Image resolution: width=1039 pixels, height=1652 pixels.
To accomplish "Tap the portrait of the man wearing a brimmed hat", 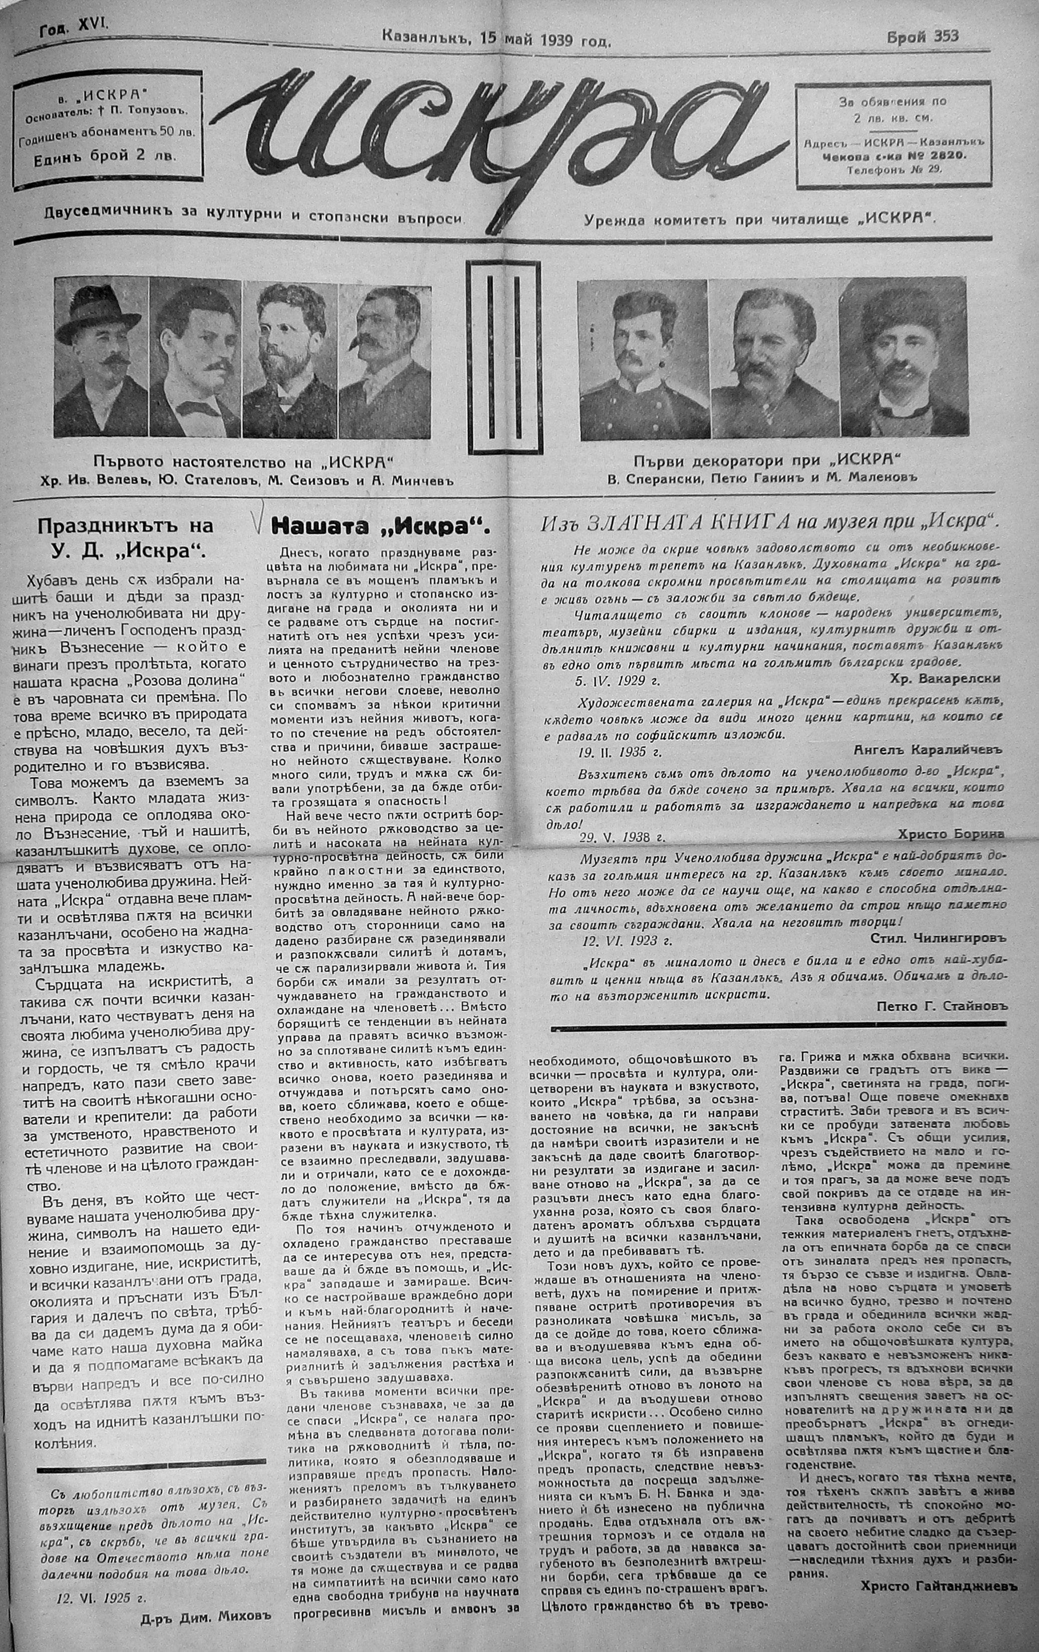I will point(100,357).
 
